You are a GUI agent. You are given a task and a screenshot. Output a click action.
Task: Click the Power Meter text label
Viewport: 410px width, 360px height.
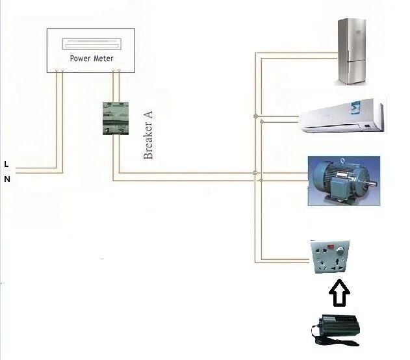click(92, 58)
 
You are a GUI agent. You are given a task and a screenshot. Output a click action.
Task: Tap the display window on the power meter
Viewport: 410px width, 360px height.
click(92, 45)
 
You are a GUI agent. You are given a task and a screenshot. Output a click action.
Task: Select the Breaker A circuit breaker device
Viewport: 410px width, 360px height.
click(113, 118)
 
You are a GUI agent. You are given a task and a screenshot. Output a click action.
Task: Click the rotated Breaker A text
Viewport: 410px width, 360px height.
click(148, 135)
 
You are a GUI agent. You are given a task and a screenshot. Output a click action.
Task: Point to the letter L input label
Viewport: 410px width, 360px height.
click(6, 163)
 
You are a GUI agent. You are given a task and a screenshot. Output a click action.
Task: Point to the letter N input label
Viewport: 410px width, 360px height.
click(7, 179)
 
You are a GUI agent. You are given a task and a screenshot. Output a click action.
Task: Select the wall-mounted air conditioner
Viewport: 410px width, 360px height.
click(342, 115)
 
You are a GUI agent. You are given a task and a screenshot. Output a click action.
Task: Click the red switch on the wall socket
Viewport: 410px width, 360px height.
click(332, 247)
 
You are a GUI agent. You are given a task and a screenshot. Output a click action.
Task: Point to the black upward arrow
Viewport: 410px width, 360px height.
click(339, 293)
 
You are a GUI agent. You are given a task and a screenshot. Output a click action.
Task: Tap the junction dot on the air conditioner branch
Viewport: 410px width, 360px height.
click(255, 118)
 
